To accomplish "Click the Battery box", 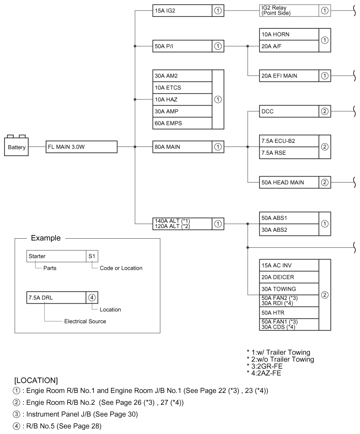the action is click(x=16, y=146).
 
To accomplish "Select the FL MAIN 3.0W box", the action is click(x=81, y=146).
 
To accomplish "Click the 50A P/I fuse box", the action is click(x=188, y=46).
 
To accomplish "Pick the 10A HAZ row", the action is click(x=182, y=99).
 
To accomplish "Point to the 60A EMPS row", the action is click(x=182, y=123).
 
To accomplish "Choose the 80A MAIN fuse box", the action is click(x=188, y=146).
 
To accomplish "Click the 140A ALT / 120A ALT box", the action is click(x=188, y=224).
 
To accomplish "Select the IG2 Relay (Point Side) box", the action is click(x=295, y=10).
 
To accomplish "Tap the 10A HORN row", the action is click(x=289, y=34).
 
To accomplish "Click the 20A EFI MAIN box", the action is click(x=295, y=76).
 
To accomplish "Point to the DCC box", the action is click(x=295, y=111).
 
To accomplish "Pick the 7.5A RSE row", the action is click(x=289, y=153).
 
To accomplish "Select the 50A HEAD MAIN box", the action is click(x=295, y=183).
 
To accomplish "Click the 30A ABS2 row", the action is click(x=289, y=230).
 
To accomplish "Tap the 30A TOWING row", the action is click(x=289, y=289).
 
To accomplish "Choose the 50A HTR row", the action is click(x=289, y=313).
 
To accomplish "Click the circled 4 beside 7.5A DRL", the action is click(x=92, y=298).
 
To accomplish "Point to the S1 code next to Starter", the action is click(x=92, y=256).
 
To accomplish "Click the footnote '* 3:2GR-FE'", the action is click(x=265, y=366).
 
